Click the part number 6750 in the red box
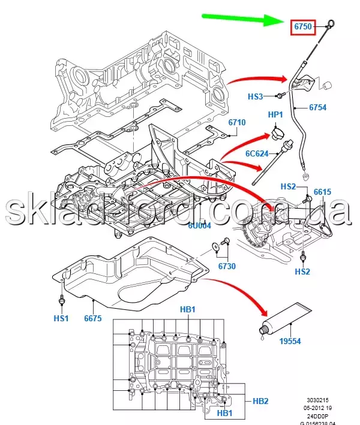[x=302, y=26]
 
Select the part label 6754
[x=317, y=108]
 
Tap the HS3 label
[x=256, y=96]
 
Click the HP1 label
[x=275, y=114]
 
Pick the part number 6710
[x=237, y=123]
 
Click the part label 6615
[x=322, y=192]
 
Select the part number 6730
[x=226, y=267]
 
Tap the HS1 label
[x=62, y=319]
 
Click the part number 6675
[x=94, y=319]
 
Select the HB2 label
[x=260, y=400]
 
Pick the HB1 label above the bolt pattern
[x=188, y=309]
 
